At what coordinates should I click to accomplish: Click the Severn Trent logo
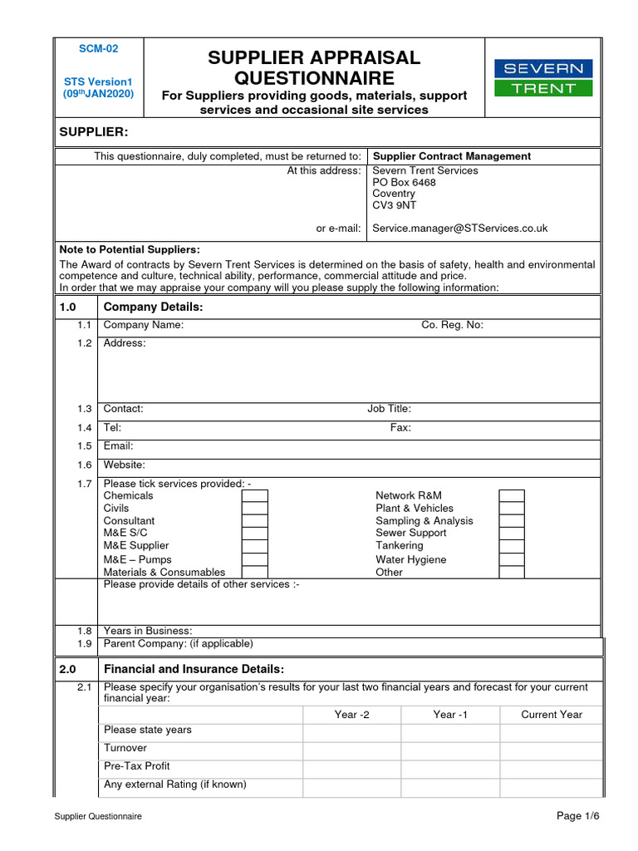[543, 77]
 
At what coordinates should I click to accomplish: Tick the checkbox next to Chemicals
[254, 496]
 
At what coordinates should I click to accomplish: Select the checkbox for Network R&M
[512, 496]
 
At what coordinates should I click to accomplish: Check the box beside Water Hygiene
[512, 559]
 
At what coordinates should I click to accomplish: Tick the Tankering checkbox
[512, 546]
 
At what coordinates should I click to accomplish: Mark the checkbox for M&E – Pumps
[254, 559]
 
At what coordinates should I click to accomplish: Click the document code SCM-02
[98, 49]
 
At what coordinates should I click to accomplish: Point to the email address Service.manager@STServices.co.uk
[459, 229]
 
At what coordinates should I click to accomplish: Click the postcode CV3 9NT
[394, 206]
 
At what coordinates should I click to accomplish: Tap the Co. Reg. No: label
[452, 325]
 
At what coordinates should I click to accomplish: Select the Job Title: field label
[389, 409]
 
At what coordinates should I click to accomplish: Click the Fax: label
[400, 428]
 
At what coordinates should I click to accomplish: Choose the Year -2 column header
[351, 715]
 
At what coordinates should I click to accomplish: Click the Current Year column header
[552, 715]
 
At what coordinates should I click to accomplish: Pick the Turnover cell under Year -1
[450, 749]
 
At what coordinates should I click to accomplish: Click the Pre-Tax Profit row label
[136, 766]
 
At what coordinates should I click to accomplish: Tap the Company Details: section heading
[153, 307]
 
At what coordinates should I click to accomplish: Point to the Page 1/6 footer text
[577, 816]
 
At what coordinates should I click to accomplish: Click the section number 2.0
[68, 670]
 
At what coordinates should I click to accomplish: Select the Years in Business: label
[148, 632]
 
